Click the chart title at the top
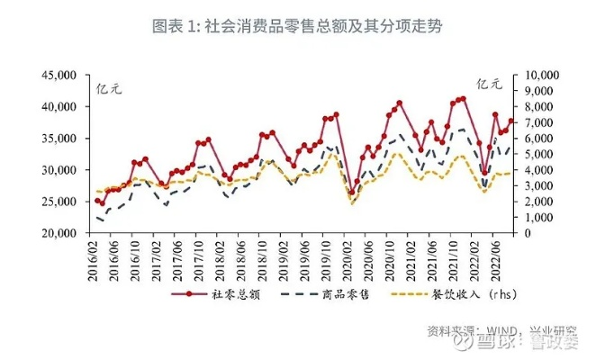click(297, 25)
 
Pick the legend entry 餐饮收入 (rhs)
click(450, 294)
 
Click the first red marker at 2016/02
click(96, 200)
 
